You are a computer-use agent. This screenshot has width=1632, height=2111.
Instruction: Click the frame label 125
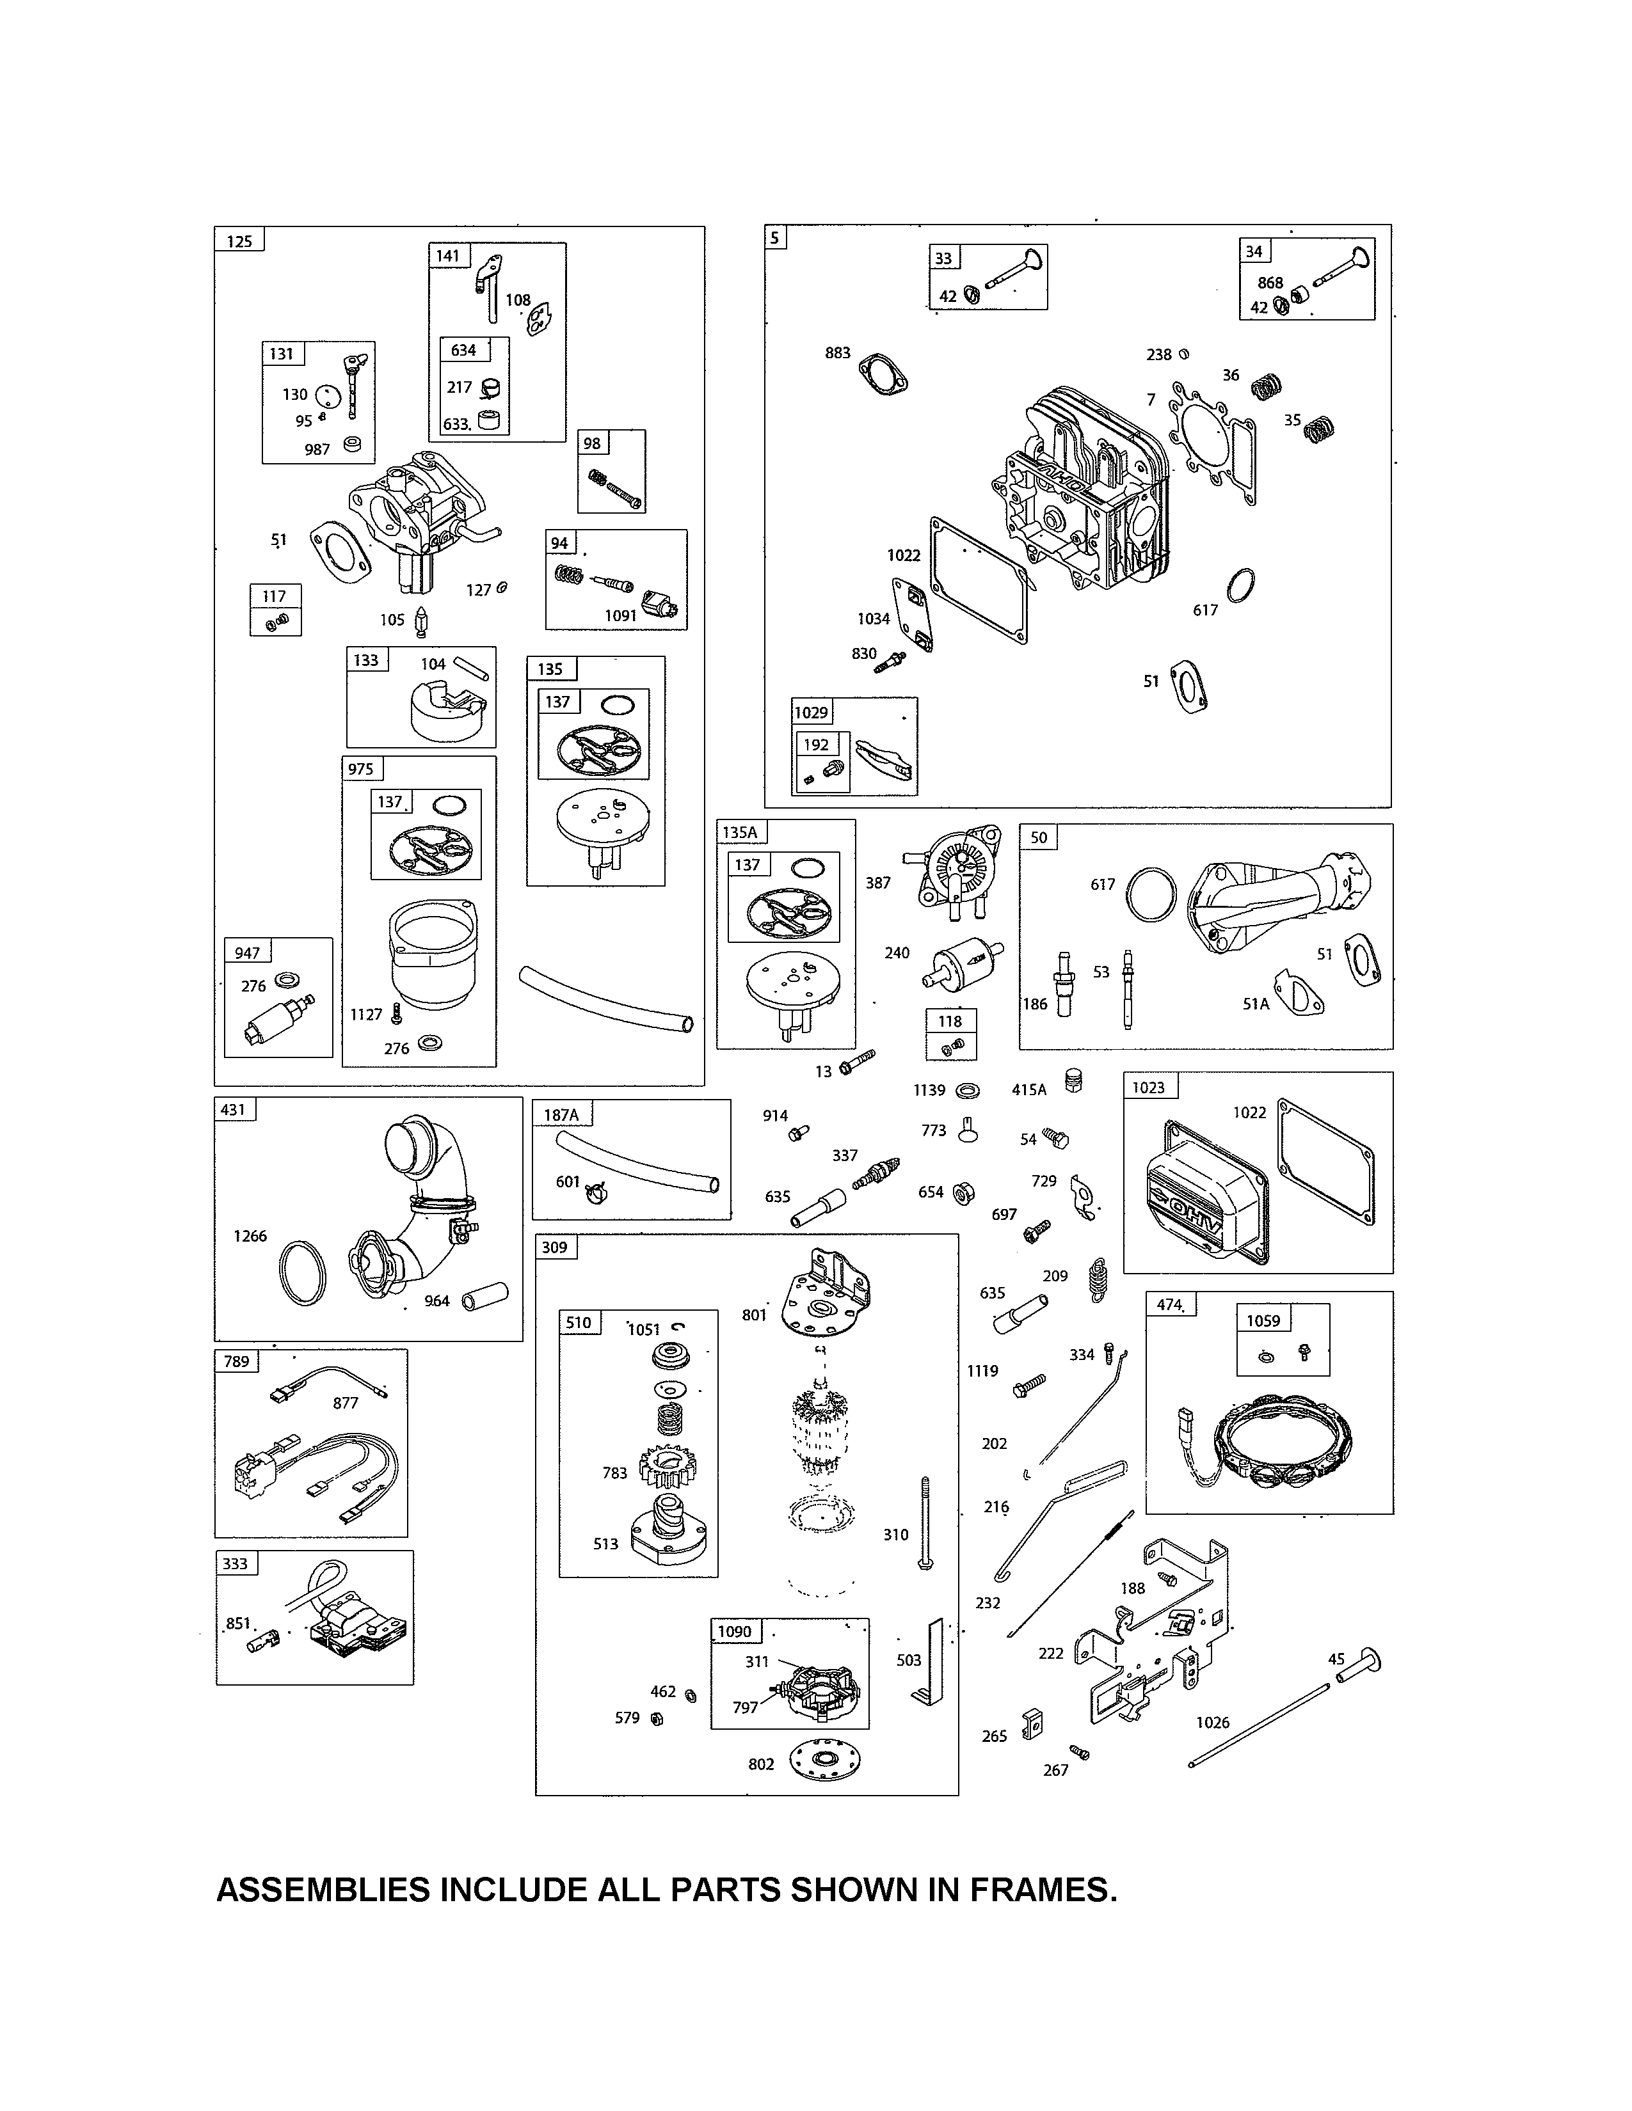tap(239, 241)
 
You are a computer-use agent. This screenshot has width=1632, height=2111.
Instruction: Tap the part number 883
tap(837, 353)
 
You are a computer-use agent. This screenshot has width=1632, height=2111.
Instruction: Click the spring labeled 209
tap(1098, 1281)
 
